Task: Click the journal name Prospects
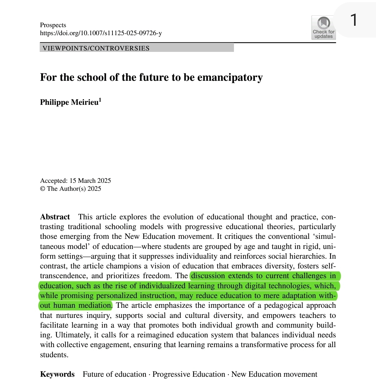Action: click(x=53, y=25)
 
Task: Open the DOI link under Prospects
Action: click(x=101, y=33)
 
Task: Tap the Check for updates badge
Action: click(x=323, y=28)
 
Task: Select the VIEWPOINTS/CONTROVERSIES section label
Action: click(x=96, y=48)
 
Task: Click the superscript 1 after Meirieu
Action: click(x=100, y=100)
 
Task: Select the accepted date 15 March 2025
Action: click(x=90, y=180)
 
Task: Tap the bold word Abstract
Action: click(x=55, y=217)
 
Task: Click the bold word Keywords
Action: click(x=57, y=374)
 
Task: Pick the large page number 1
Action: click(x=353, y=20)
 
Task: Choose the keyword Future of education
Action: click(x=115, y=374)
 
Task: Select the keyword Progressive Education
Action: click(x=189, y=374)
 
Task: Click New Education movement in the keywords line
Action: click(x=274, y=374)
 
